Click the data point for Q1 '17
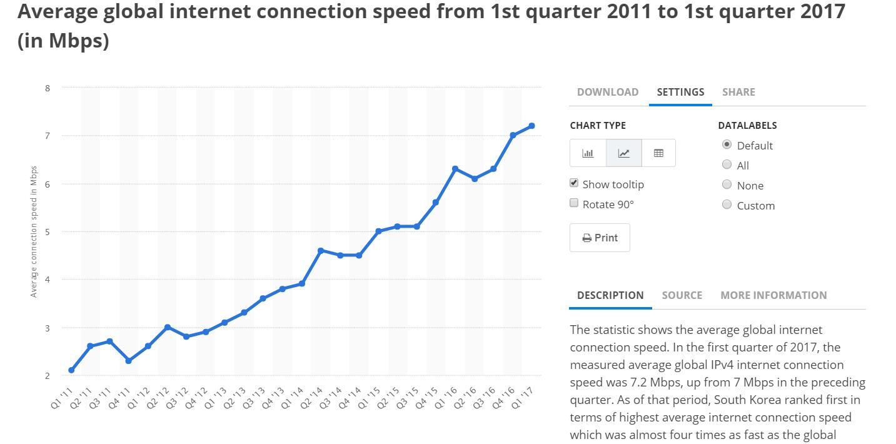531,126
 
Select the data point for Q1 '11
71,370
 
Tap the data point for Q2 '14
321,250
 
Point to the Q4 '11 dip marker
129,361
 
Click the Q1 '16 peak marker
455,169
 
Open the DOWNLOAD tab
607,92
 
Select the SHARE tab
738,92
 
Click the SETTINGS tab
680,92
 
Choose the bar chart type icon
588,153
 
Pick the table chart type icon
658,153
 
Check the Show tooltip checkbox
574,183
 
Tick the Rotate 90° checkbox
574,203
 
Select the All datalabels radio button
727,164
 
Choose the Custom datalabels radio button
727,204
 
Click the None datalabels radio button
727,184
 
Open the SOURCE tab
682,295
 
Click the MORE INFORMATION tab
773,295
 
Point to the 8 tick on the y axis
48,88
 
